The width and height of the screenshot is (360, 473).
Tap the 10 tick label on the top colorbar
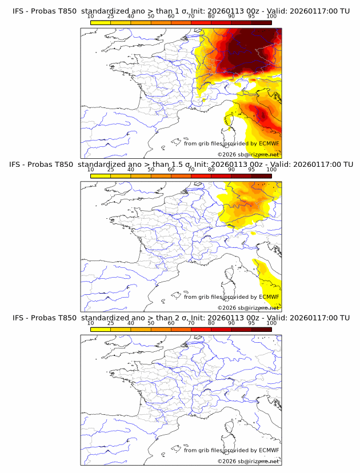point(90,17)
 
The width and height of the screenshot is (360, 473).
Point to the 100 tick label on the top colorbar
point(271,17)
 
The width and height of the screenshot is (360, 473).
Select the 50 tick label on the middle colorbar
point(151,170)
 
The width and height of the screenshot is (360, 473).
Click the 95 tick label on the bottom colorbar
point(251,323)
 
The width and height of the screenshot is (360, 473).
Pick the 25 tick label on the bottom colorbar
point(110,323)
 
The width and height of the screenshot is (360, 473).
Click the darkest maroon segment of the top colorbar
point(261,22)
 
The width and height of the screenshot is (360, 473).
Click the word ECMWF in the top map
point(269,144)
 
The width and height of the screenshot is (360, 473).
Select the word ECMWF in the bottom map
point(269,450)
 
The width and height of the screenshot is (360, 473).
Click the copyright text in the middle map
point(248,307)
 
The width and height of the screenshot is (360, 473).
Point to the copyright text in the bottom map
point(248,460)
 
